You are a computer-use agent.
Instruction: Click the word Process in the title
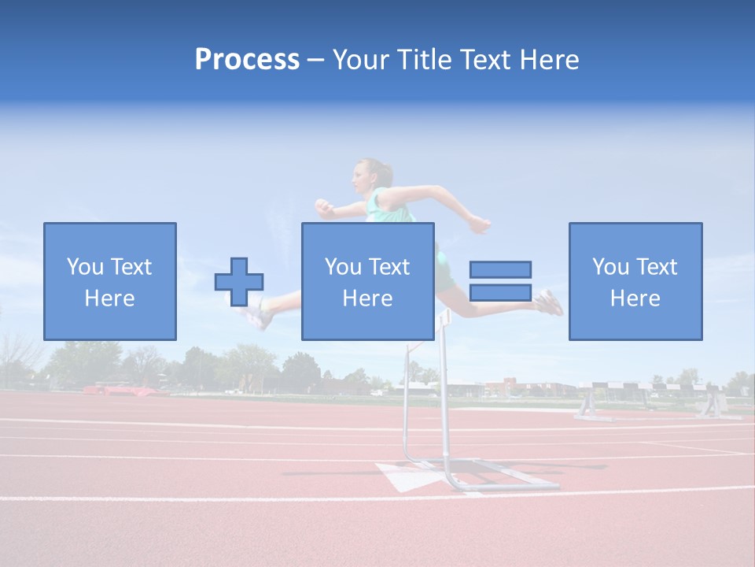(x=247, y=60)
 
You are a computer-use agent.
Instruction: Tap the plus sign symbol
(x=239, y=281)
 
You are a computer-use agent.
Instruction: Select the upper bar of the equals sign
(x=500, y=269)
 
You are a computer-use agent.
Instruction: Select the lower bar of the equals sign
(x=500, y=292)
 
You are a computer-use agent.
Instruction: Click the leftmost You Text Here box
(x=110, y=281)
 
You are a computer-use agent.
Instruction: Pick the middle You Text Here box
(x=368, y=281)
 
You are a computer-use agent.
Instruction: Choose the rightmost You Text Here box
(x=635, y=281)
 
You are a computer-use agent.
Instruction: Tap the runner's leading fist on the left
(x=323, y=207)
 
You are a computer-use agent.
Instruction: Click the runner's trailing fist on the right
(x=480, y=225)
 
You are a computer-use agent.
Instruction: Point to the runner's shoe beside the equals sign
(x=550, y=303)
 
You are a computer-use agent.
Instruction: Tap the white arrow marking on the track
(x=405, y=476)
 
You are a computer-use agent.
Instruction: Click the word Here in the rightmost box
(x=635, y=298)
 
